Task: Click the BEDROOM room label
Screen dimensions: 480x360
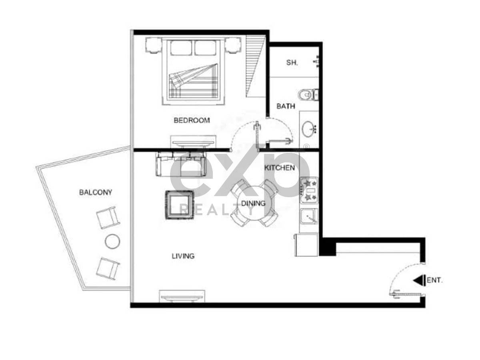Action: (x=192, y=120)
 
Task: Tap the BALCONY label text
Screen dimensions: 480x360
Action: (x=96, y=192)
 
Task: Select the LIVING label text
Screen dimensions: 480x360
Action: (x=183, y=256)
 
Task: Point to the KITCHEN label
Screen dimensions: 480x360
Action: (x=280, y=168)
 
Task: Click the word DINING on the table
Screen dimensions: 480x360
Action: (x=253, y=204)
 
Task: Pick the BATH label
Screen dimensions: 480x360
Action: (x=286, y=106)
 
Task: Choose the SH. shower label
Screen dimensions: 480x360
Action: (x=292, y=63)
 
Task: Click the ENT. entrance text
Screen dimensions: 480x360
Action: (x=435, y=280)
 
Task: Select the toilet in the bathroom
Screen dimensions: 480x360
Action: (x=308, y=95)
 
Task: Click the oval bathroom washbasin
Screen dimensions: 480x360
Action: (x=308, y=129)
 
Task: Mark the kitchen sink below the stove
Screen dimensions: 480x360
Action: (x=309, y=216)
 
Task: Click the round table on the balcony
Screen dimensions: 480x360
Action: (x=112, y=241)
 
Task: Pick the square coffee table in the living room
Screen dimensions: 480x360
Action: (x=179, y=205)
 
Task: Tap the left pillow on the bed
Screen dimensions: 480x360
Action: (x=181, y=48)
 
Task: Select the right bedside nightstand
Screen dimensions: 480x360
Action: (x=233, y=45)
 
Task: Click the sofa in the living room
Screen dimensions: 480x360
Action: (x=181, y=164)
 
